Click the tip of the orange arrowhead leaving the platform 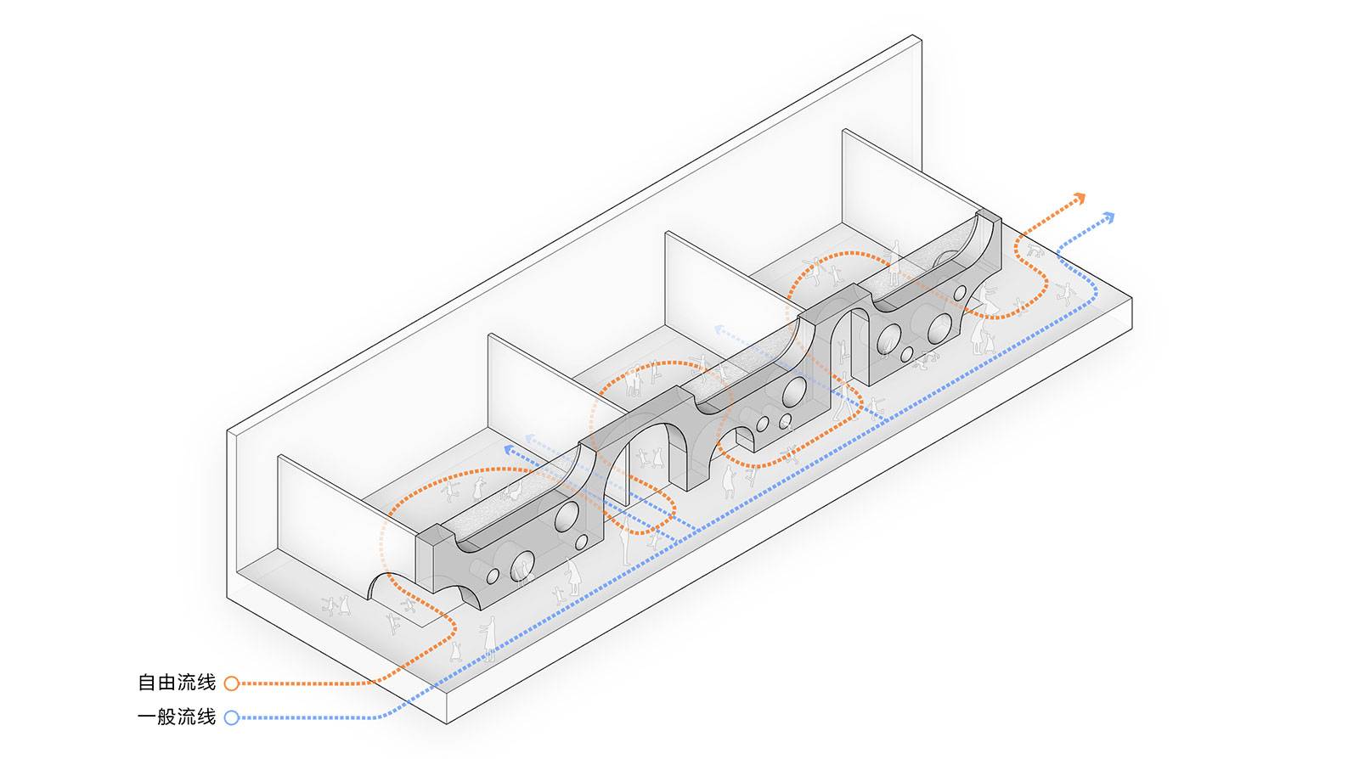click(1084, 195)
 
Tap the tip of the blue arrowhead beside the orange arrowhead click(1114, 214)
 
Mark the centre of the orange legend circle click(231, 683)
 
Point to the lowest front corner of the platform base click(447, 723)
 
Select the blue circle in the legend click(231, 717)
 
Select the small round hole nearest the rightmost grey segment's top click(960, 294)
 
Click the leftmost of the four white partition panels click(340, 520)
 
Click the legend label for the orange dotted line click(177, 683)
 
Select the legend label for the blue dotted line click(177, 717)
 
